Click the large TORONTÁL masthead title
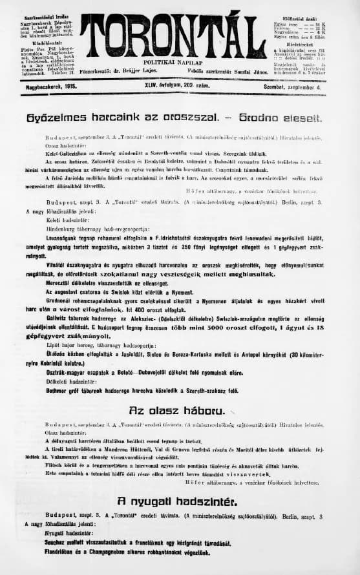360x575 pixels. point(173,36)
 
